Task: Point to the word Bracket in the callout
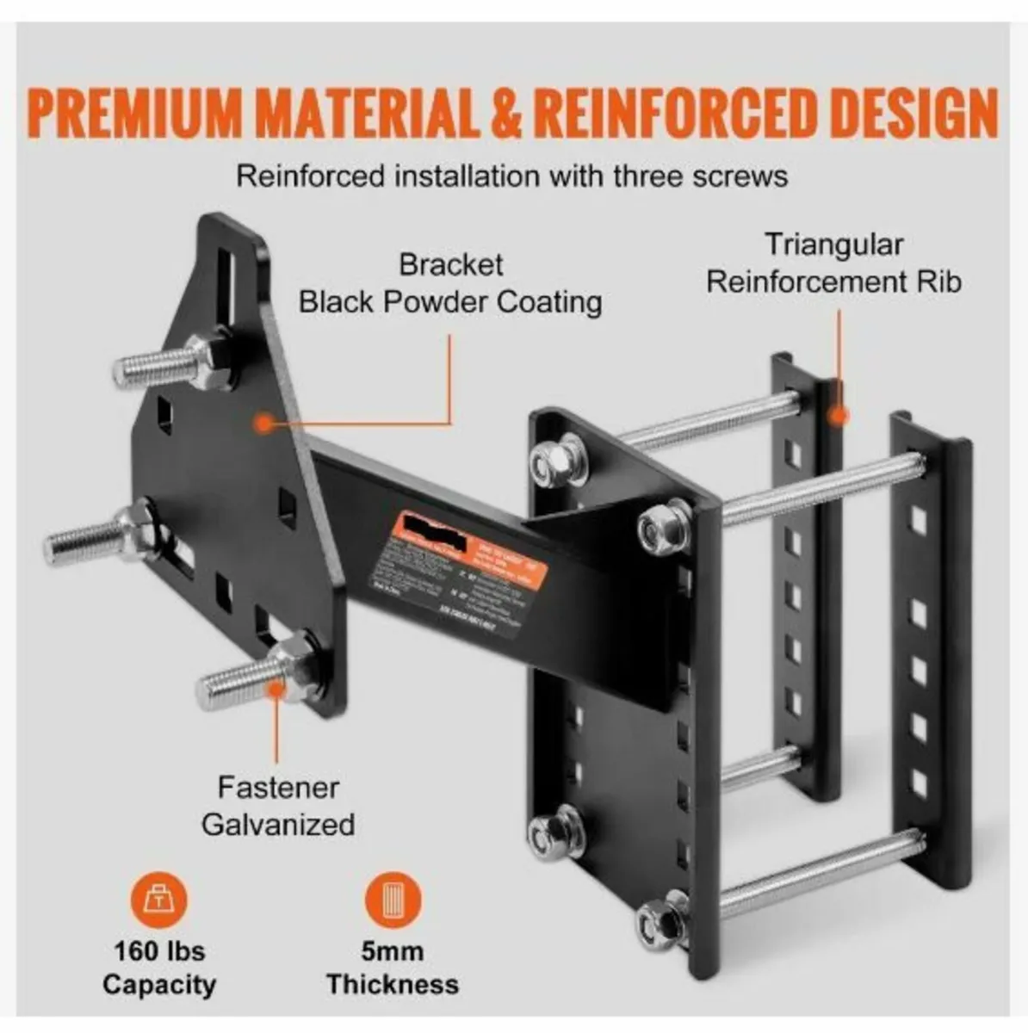coord(450,264)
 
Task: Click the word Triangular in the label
coord(833,244)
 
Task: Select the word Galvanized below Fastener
coord(278,824)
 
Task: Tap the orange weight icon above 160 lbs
coord(158,900)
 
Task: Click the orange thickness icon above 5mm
coord(393,900)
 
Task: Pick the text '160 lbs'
coord(159,951)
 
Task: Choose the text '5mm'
coord(393,951)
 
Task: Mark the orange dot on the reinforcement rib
coord(837,416)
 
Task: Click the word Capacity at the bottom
coord(159,984)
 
